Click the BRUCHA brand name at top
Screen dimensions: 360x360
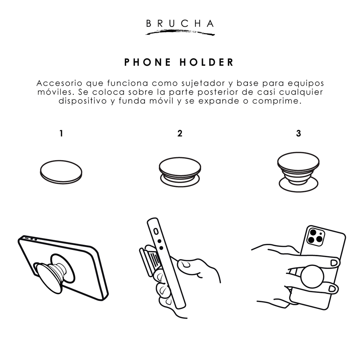[180, 24]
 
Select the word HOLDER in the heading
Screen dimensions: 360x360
[207, 62]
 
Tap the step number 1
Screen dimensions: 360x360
[61, 134]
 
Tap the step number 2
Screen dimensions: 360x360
[180, 134]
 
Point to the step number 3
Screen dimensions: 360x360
[298, 134]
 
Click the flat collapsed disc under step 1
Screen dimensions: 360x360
[60, 172]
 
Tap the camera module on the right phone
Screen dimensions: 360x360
[315, 236]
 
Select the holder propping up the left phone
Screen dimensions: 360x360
[54, 272]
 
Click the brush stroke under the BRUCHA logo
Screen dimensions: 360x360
[180, 32]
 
